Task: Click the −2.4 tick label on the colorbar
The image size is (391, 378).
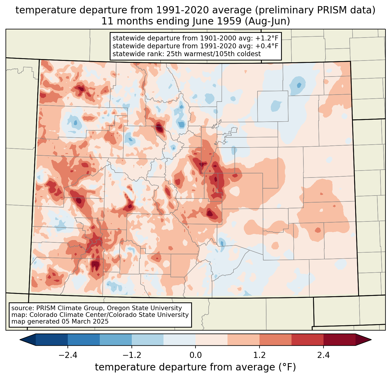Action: [x=68, y=355]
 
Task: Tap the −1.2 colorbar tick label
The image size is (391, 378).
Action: [x=132, y=355]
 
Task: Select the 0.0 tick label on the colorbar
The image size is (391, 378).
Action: [x=195, y=355]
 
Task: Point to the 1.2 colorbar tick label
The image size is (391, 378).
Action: [x=260, y=355]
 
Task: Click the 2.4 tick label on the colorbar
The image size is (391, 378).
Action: [x=324, y=355]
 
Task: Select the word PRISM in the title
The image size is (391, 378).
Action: [x=331, y=10]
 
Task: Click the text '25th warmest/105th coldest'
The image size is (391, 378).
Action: [x=214, y=54]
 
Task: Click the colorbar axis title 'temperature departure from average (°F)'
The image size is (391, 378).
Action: [x=195, y=367]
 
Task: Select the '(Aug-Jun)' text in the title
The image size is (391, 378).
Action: [x=267, y=21]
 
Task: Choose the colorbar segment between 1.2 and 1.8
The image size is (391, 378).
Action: [x=276, y=340]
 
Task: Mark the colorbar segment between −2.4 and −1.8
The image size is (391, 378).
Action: [x=84, y=340]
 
